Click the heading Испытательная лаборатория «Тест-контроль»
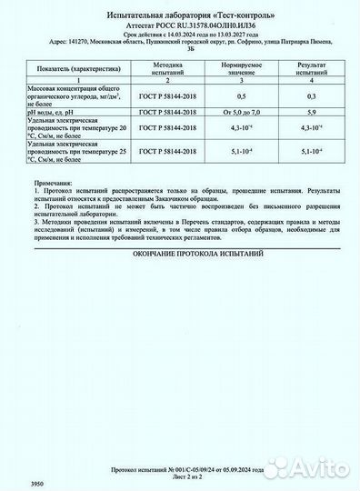[x=180, y=16]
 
